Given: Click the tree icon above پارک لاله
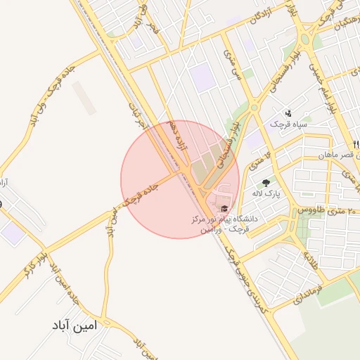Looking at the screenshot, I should (x=265, y=183).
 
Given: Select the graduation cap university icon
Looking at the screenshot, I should (x=224, y=208).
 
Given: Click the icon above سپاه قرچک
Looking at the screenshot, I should (x=287, y=113).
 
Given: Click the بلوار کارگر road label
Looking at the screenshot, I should (x=38, y=250).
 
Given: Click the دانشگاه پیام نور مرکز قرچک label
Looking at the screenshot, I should (x=224, y=224).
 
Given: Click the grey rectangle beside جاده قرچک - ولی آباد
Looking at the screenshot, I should (x=85, y=98).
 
